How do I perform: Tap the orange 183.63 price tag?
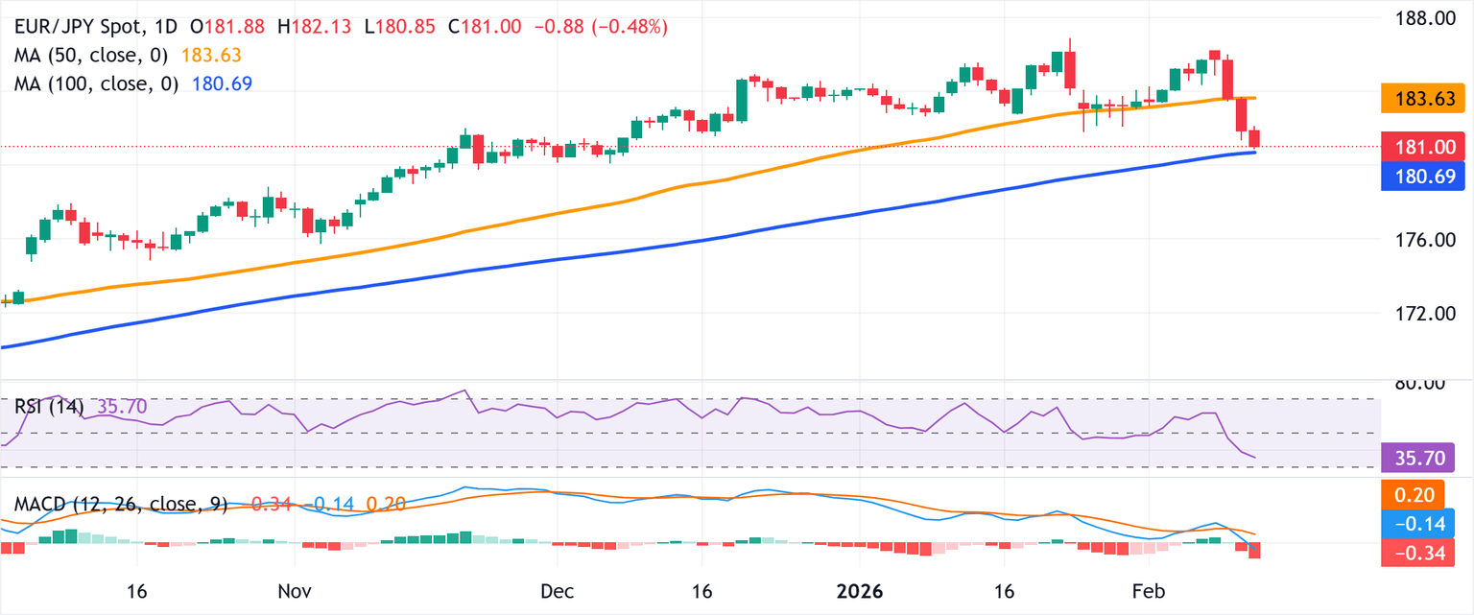click(x=1426, y=98)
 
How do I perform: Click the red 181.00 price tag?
click(x=1426, y=147)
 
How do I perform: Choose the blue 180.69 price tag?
click(x=1426, y=176)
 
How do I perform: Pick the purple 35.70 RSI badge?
click(x=1426, y=458)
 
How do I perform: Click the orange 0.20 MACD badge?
click(x=1426, y=494)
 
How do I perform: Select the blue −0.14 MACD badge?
click(x=1426, y=523)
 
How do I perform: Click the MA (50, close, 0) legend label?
click(x=96, y=56)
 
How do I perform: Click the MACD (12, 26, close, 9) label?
click(x=120, y=505)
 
